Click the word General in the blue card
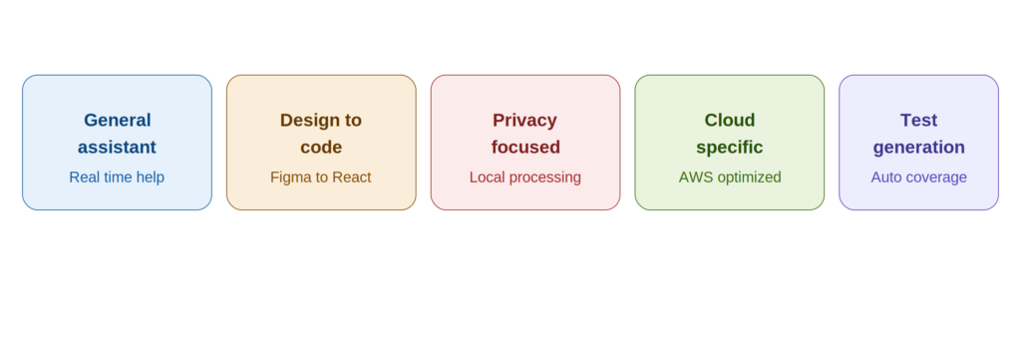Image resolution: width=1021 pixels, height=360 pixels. pyautogui.click(x=118, y=121)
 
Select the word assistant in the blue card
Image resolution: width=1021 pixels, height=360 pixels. pyautogui.click(x=118, y=148)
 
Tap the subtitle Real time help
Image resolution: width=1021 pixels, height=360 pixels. pyautogui.click(x=117, y=178)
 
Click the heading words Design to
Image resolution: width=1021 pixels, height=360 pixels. pyautogui.click(x=321, y=121)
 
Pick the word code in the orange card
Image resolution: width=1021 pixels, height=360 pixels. pyautogui.click(x=321, y=148)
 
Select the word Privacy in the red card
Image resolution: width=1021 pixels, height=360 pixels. pyautogui.click(x=524, y=121)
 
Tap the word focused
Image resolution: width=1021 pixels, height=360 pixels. pyautogui.click(x=525, y=148)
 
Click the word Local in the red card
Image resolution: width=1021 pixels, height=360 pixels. pyautogui.click(x=487, y=178)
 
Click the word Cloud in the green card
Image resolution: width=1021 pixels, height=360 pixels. pyautogui.click(x=730, y=121)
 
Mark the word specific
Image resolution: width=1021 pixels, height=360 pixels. pyautogui.click(x=729, y=148)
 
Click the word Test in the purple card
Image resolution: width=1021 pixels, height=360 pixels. pyautogui.click(x=918, y=121)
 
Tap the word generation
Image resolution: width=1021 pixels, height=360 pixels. pyautogui.click(x=918, y=148)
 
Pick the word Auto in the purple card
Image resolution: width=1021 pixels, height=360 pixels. pyautogui.click(x=885, y=178)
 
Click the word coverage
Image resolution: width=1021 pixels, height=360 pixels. pyautogui.click(x=935, y=178)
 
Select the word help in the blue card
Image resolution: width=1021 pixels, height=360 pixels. pyautogui.click(x=151, y=178)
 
